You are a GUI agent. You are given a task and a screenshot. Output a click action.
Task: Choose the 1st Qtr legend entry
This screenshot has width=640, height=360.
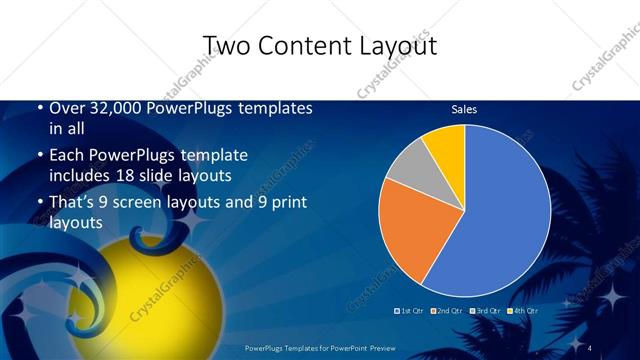[410, 311]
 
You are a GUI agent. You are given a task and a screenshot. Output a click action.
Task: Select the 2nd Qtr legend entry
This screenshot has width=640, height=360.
[448, 311]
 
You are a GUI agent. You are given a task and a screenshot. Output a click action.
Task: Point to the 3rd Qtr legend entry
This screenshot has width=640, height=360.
[486, 311]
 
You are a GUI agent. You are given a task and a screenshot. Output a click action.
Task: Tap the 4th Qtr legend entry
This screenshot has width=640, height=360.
[524, 311]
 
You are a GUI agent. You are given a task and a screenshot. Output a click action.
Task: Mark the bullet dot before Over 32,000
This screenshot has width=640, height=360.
[38, 108]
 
